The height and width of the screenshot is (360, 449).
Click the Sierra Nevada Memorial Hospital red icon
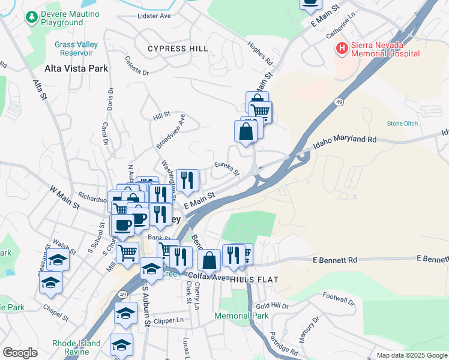[342, 48]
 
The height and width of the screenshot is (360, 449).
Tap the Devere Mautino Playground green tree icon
[32, 17]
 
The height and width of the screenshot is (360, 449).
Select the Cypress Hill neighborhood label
[178, 48]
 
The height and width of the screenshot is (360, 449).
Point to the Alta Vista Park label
[76, 68]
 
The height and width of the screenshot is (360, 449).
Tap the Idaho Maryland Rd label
[345, 142]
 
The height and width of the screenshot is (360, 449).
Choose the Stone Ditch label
[402, 123]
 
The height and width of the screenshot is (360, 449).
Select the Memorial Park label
[241, 316]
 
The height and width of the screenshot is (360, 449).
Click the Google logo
[20, 353]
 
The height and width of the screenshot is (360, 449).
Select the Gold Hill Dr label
[276, 306]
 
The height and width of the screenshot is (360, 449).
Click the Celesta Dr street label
[137, 66]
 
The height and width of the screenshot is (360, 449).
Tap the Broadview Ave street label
[170, 130]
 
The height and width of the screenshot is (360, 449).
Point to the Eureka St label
[228, 169]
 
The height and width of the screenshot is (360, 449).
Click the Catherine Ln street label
[342, 28]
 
